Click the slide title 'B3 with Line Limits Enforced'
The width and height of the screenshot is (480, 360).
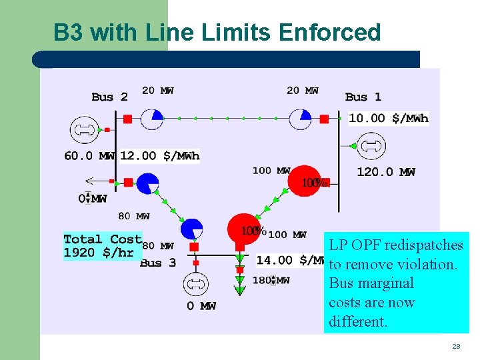coord(217,32)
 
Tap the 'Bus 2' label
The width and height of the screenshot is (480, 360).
coord(109,97)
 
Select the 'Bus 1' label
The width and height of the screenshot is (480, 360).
coord(363,97)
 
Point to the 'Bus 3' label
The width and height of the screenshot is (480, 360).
coord(158,263)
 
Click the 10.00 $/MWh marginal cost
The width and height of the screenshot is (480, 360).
coord(389,119)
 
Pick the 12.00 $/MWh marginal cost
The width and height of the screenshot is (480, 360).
coord(160,156)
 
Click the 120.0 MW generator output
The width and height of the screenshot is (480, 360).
coord(386,172)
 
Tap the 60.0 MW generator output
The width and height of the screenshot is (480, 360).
coord(89,156)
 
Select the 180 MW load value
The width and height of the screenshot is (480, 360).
coord(271,281)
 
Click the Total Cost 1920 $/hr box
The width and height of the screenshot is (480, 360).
coord(103,246)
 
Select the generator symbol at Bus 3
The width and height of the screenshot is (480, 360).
coord(196,285)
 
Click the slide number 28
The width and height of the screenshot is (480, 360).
coord(456,347)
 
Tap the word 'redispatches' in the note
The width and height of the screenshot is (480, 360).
coord(429,245)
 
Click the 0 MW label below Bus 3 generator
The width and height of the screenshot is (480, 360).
coord(201,306)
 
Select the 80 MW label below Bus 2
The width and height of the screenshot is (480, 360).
coord(133,216)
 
